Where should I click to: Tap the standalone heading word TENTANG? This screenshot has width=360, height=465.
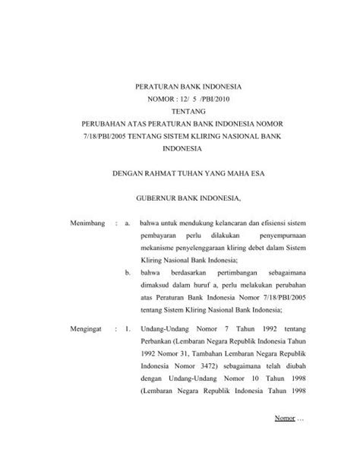(181, 111)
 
